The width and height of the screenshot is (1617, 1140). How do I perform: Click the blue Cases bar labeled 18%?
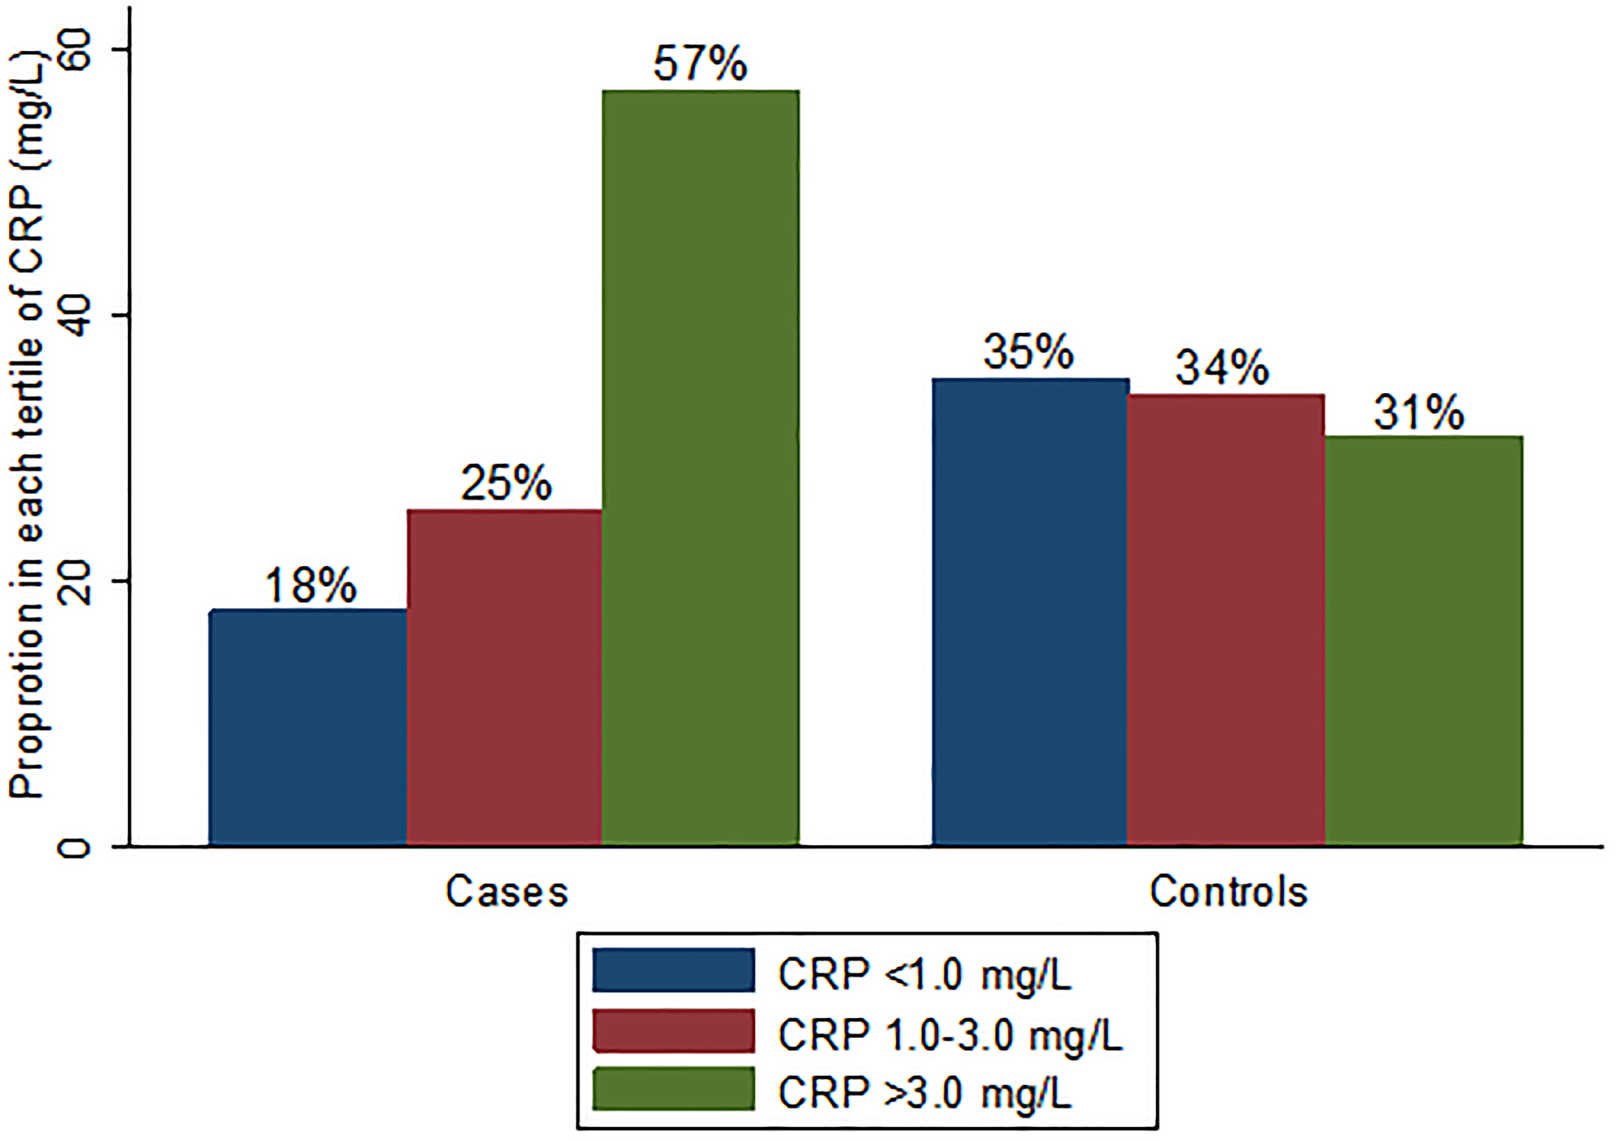pos(308,728)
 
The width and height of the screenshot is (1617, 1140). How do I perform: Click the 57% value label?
pos(700,63)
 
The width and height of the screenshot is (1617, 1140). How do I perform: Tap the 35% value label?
pos(1028,352)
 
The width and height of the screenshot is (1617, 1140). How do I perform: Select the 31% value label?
pos(1419,412)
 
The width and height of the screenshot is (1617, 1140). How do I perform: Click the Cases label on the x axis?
pos(507,892)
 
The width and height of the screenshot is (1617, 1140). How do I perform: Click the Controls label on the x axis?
pos(1228,892)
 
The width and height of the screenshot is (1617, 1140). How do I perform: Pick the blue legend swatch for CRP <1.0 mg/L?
pos(673,971)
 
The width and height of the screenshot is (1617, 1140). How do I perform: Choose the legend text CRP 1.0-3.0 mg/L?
pos(951,1034)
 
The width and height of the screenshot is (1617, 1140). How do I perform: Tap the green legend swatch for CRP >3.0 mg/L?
pos(673,1090)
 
